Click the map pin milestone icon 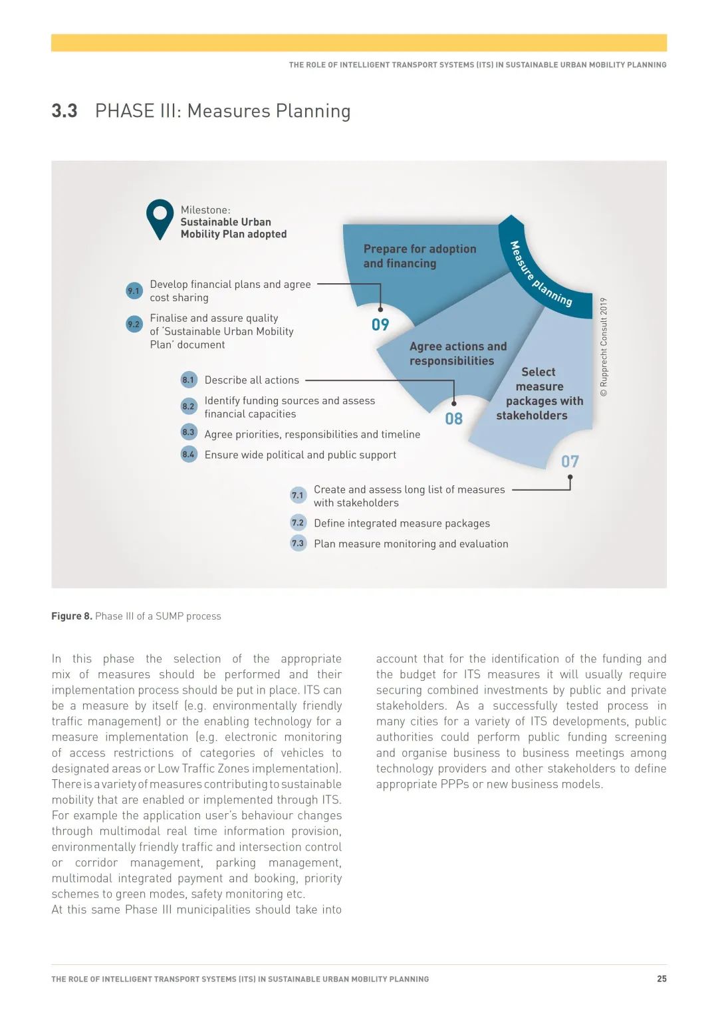click(x=160, y=217)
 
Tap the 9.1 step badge click(x=134, y=291)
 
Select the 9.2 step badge click(x=134, y=324)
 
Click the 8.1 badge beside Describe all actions click(x=189, y=380)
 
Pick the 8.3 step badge click(x=189, y=432)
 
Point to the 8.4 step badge click(x=189, y=454)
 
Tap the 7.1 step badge click(x=298, y=495)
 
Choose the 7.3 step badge click(x=298, y=543)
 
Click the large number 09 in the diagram click(x=380, y=324)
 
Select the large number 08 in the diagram click(x=454, y=419)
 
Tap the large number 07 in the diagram click(x=570, y=461)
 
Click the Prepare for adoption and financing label click(x=419, y=256)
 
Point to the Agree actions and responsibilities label click(x=457, y=354)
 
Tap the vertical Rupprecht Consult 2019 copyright click(x=604, y=347)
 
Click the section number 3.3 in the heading click(x=64, y=111)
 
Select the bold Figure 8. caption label click(x=72, y=616)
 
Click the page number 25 click(x=661, y=979)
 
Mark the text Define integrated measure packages click(x=402, y=523)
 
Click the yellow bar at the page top click(x=359, y=43)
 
